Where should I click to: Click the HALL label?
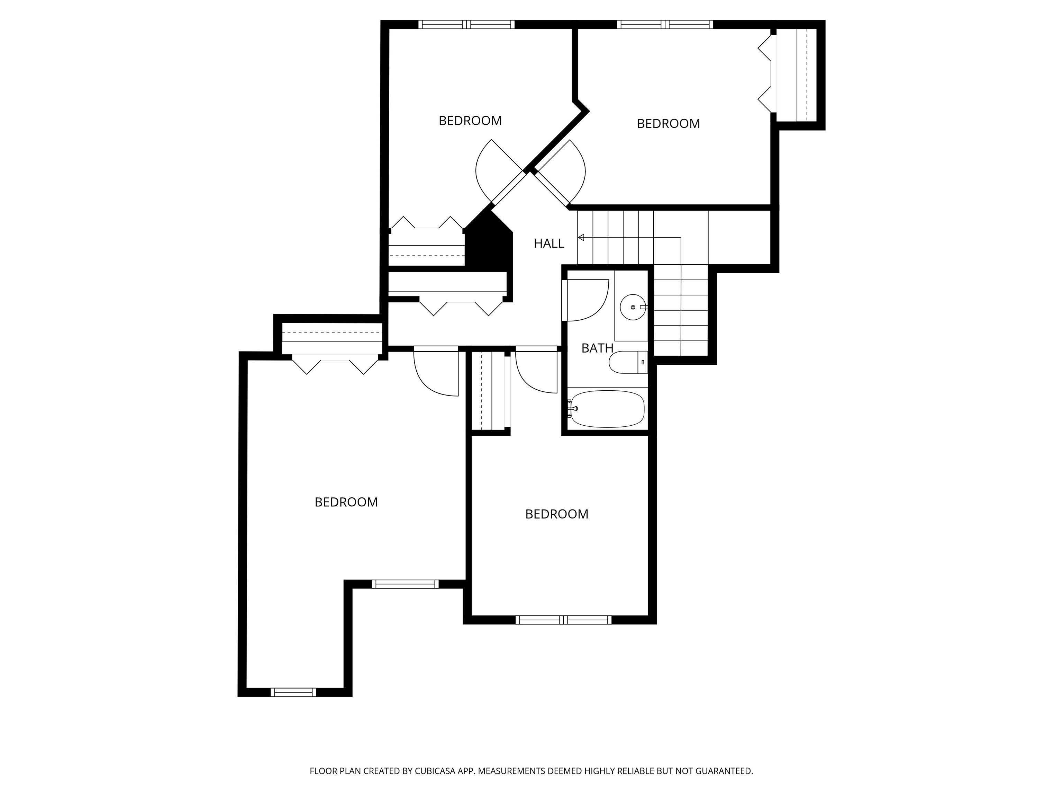click(x=548, y=243)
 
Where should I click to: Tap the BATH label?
click(x=597, y=348)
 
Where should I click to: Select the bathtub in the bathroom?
click(x=607, y=409)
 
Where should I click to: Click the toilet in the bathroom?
click(x=624, y=362)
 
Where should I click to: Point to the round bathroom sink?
click(x=633, y=307)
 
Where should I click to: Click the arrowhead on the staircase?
click(x=581, y=237)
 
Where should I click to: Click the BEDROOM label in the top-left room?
click(x=470, y=121)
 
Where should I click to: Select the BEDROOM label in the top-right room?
click(x=668, y=124)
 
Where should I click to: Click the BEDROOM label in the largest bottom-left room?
click(x=346, y=502)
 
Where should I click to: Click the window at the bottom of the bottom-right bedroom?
click(x=563, y=620)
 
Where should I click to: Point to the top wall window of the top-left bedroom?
click(x=466, y=25)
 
